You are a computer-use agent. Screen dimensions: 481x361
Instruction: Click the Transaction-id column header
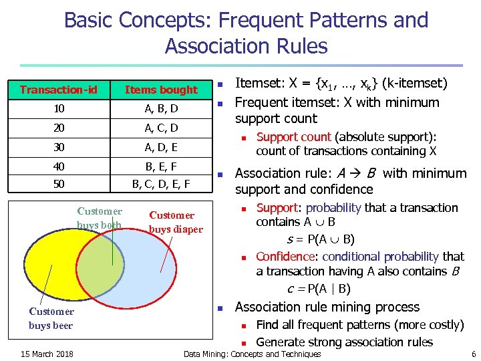(x=59, y=90)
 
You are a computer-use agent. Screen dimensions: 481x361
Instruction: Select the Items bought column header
(x=161, y=90)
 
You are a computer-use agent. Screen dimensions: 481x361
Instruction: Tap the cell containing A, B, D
(x=161, y=108)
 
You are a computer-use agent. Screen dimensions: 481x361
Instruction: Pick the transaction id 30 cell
(x=59, y=146)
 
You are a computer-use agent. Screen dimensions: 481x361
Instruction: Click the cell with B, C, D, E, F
(x=161, y=183)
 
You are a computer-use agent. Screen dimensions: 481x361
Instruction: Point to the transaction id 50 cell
(x=59, y=183)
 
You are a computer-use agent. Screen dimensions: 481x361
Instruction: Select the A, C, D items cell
(x=161, y=128)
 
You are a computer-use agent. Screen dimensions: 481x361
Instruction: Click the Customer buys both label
(x=100, y=218)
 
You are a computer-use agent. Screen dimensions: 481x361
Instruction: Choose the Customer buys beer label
(x=51, y=318)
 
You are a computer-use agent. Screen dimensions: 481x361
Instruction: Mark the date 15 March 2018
(x=47, y=354)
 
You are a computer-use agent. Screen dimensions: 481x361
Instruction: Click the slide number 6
(x=473, y=354)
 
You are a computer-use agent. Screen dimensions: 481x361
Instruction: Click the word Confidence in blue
(x=280, y=257)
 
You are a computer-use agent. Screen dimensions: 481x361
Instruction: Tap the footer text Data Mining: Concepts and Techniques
(x=252, y=354)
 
